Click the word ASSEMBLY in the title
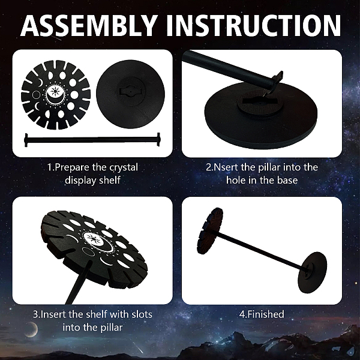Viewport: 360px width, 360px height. (x=89, y=25)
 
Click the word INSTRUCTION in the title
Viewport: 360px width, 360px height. (x=253, y=25)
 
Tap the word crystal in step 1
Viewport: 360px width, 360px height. (x=124, y=167)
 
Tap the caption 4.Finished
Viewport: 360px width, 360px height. (x=262, y=314)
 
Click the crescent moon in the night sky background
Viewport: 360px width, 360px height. (x=32, y=329)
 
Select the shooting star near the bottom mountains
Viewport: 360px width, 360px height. (x=138, y=349)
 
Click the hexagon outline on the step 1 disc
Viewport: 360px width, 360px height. (x=36, y=94)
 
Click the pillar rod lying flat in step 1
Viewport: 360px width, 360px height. (x=92, y=139)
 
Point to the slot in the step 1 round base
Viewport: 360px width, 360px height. (x=130, y=91)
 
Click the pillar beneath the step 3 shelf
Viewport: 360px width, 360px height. (x=77, y=284)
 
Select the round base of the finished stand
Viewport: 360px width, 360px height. (x=312, y=272)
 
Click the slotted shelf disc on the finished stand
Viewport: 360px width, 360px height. (x=210, y=231)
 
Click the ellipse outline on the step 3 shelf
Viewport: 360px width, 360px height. (x=89, y=251)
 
